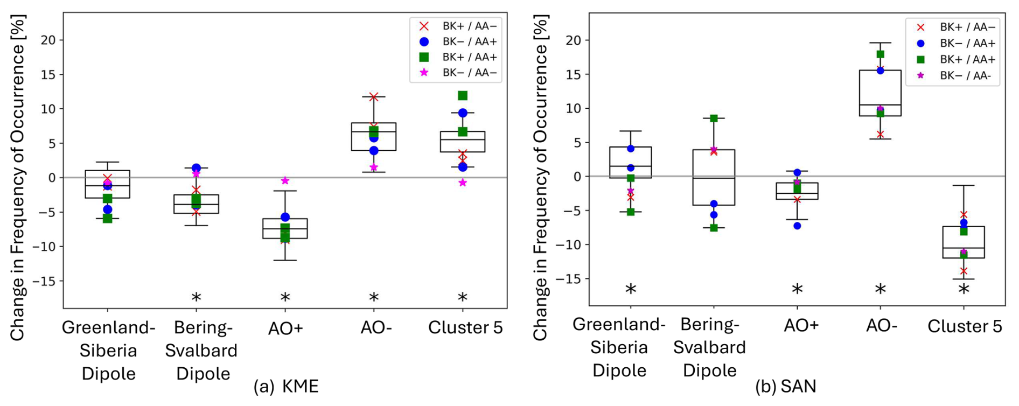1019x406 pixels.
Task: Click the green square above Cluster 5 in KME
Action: (463, 96)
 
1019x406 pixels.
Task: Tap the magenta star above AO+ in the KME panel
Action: (285, 181)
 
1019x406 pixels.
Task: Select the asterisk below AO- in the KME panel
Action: (374, 297)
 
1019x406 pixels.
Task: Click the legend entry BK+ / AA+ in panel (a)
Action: (469, 57)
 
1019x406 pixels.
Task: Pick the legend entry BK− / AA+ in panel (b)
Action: (967, 43)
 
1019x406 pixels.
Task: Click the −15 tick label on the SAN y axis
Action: (570, 279)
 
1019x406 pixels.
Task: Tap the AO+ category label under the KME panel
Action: (285, 328)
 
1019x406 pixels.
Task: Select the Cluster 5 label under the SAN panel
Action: (965, 326)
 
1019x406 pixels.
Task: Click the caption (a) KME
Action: (286, 386)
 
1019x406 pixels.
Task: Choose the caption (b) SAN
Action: (785, 386)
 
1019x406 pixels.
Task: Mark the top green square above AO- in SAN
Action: (880, 54)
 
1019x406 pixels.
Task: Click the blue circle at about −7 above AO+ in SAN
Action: (797, 226)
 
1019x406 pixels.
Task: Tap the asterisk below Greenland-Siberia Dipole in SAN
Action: (631, 290)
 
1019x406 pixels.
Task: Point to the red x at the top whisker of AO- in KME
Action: (374, 97)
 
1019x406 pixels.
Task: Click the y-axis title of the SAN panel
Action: (540, 178)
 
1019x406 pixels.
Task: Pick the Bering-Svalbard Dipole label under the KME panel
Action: (201, 350)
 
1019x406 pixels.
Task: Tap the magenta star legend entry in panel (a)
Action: (469, 72)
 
